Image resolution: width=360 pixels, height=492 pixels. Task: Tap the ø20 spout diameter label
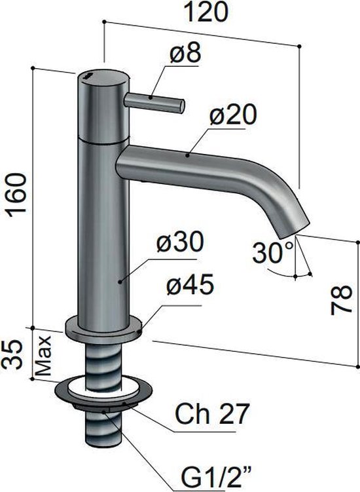tap(233, 118)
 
